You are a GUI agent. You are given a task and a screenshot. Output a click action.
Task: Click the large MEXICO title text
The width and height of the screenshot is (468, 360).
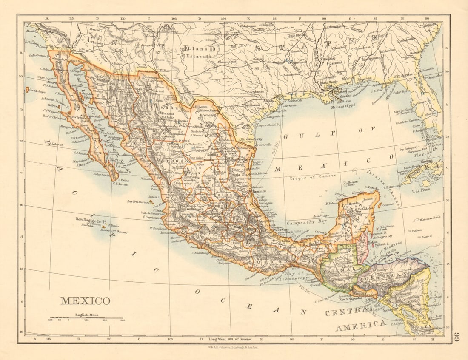coord(85,301)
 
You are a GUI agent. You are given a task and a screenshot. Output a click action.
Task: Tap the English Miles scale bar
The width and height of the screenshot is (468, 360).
coord(86,318)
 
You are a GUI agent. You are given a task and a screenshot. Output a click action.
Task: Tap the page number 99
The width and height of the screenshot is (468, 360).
coord(457,337)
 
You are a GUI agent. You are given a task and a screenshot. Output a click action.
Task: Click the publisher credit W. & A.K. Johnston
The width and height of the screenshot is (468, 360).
coord(233,347)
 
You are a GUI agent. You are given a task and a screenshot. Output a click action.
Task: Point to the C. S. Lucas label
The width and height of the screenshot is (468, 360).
coord(120,184)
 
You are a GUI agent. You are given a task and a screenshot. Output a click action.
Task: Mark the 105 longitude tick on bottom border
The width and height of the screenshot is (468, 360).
coord(170,339)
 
